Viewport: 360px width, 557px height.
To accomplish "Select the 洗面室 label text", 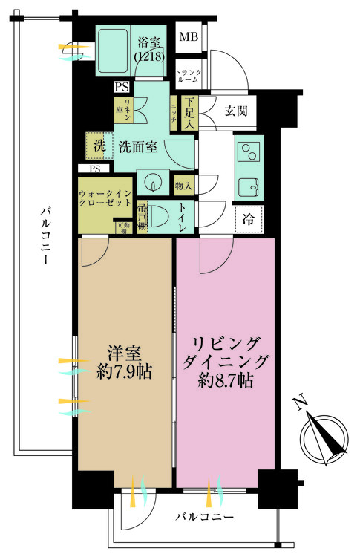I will coord(137,146).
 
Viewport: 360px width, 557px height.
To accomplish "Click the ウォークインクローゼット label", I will coord(106,198).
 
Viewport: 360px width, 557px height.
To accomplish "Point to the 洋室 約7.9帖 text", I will coord(124,362).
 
